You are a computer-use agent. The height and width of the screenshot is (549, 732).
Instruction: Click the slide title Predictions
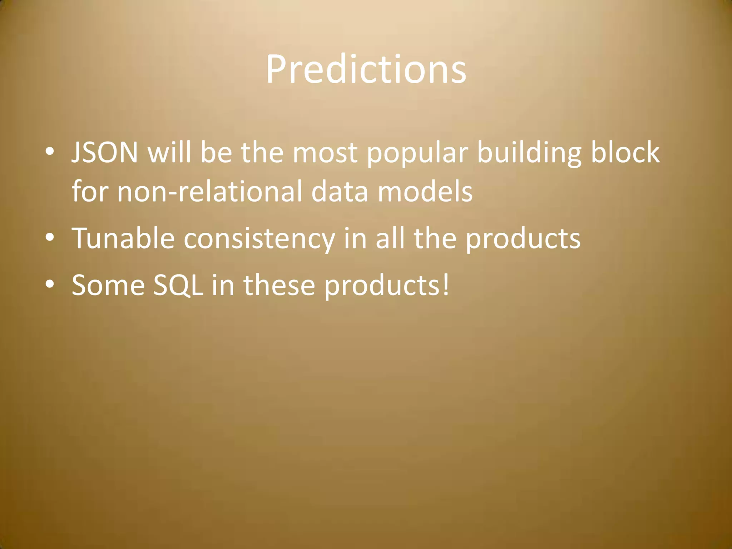click(x=366, y=70)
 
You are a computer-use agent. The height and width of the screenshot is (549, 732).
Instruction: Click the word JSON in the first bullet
click(x=105, y=153)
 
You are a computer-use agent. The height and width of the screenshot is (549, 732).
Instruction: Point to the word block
click(x=625, y=152)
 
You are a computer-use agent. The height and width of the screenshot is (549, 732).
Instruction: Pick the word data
click(x=340, y=192)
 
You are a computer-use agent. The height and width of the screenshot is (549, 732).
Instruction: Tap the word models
click(x=425, y=192)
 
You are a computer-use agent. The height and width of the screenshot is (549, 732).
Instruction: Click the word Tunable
click(x=123, y=238)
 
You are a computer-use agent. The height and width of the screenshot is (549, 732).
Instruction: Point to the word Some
click(x=108, y=285)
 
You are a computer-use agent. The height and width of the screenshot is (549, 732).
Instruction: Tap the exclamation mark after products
click(x=445, y=285)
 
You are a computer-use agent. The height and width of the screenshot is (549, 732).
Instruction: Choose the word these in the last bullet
click(x=279, y=285)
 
